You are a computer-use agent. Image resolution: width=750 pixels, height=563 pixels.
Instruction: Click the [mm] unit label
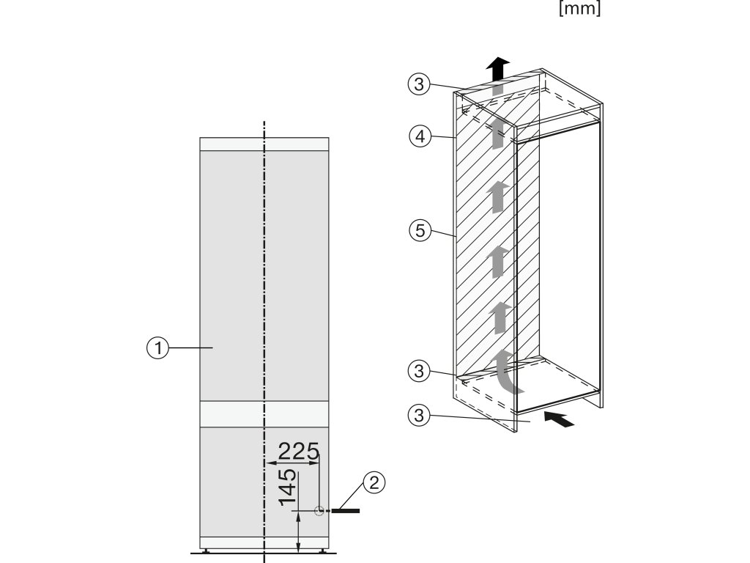[x=579, y=11]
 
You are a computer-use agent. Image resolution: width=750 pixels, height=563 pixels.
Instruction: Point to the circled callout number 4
[x=417, y=136]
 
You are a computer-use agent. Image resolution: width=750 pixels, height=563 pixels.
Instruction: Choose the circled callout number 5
[x=417, y=231]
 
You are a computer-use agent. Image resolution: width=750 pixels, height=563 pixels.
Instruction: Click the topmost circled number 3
[x=417, y=84]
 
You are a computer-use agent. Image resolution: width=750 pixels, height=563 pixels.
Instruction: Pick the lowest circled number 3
[x=417, y=415]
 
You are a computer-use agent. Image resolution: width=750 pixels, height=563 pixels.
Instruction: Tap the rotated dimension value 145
[x=288, y=488]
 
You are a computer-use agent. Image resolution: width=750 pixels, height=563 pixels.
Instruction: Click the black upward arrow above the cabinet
[x=498, y=68]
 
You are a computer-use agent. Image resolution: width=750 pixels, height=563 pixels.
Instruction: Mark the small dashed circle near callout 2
[x=319, y=511]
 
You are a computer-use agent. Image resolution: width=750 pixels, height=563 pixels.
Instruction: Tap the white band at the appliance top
[x=264, y=144]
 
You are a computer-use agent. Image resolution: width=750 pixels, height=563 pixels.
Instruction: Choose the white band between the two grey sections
[x=264, y=415]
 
